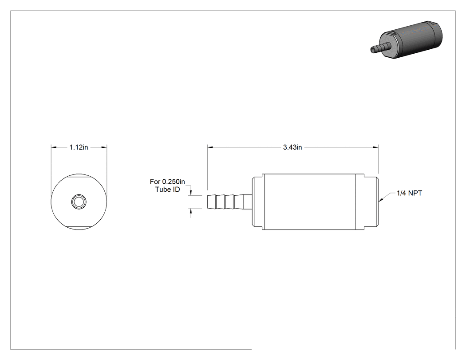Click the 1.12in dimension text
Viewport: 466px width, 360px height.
point(79,147)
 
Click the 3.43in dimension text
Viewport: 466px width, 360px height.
point(292,147)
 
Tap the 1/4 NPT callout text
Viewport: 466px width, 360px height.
point(409,193)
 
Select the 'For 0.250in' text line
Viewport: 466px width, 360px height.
point(167,182)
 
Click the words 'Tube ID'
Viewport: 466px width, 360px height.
point(168,190)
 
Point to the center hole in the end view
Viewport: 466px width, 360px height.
point(79,202)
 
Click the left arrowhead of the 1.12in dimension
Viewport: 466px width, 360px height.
point(54,147)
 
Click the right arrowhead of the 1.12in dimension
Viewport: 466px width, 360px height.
point(104,147)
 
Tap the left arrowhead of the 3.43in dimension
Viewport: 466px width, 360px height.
point(210,147)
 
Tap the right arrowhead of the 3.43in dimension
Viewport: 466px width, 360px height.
point(375,147)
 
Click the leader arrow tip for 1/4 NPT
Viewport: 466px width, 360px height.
point(379,201)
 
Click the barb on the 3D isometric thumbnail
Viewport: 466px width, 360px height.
point(381,47)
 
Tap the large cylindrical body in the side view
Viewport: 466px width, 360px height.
point(309,202)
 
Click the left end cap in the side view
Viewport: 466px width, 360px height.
point(257,202)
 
